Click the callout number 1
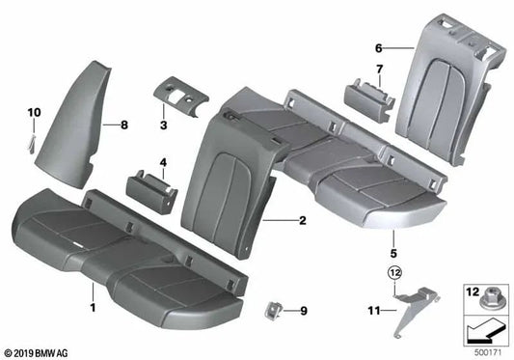click(x=92, y=308)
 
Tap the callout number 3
click(x=164, y=126)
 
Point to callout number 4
click(x=163, y=162)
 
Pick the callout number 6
click(x=379, y=47)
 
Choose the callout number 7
click(x=379, y=69)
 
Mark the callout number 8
click(x=123, y=125)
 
